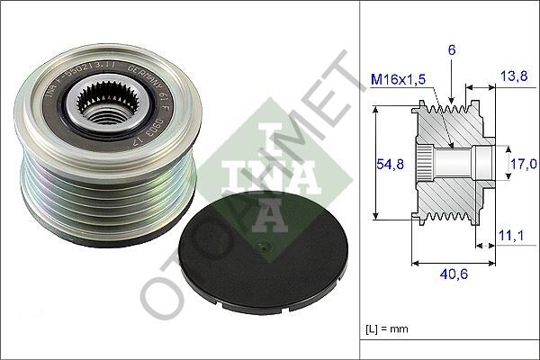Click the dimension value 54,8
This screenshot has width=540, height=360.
(x=386, y=163)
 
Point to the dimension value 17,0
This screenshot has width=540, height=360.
(x=526, y=164)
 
